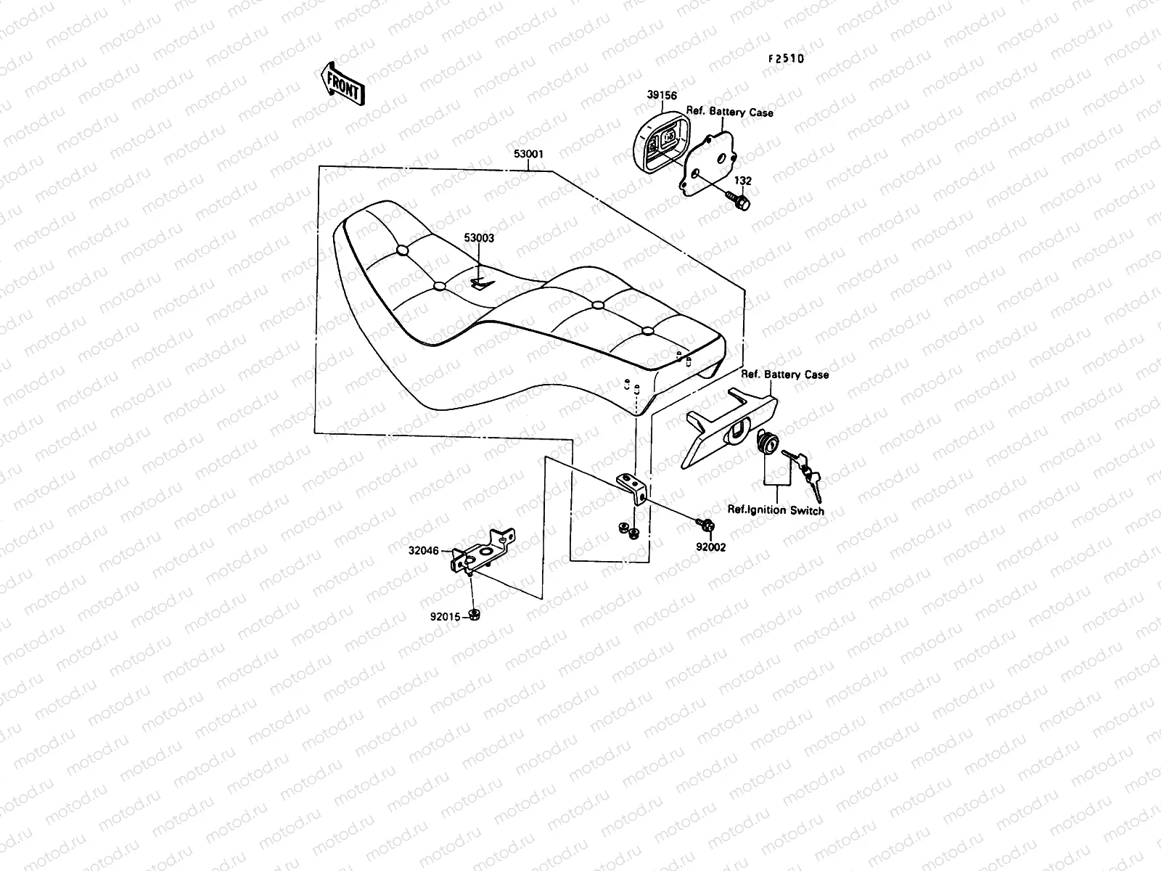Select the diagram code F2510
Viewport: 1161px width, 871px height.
click(786, 60)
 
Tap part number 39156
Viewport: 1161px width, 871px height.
click(662, 95)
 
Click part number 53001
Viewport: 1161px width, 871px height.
click(529, 155)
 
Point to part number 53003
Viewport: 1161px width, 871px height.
click(479, 238)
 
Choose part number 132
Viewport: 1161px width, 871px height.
click(742, 181)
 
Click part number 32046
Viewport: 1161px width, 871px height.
click(424, 551)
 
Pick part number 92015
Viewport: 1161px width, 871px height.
click(445, 617)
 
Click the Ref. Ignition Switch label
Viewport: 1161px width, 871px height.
click(776, 510)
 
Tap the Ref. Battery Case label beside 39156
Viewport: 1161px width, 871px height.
click(729, 113)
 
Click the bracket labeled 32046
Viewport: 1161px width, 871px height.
click(482, 552)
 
